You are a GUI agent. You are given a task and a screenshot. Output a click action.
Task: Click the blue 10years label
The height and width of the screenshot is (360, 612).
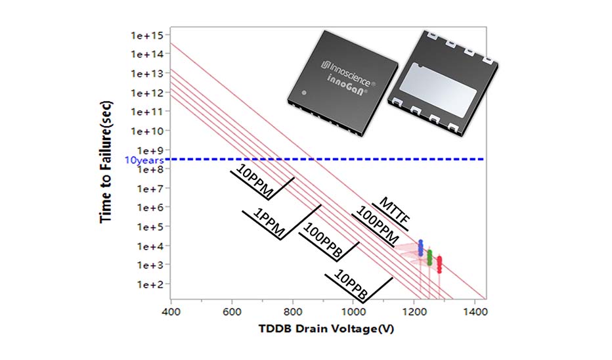[140, 160]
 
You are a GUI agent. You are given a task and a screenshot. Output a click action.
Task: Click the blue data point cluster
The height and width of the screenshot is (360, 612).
[421, 248]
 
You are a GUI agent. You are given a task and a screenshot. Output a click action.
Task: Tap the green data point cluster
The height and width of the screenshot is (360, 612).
[429, 257]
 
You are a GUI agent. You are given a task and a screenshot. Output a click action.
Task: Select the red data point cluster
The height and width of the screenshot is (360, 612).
[439, 265]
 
